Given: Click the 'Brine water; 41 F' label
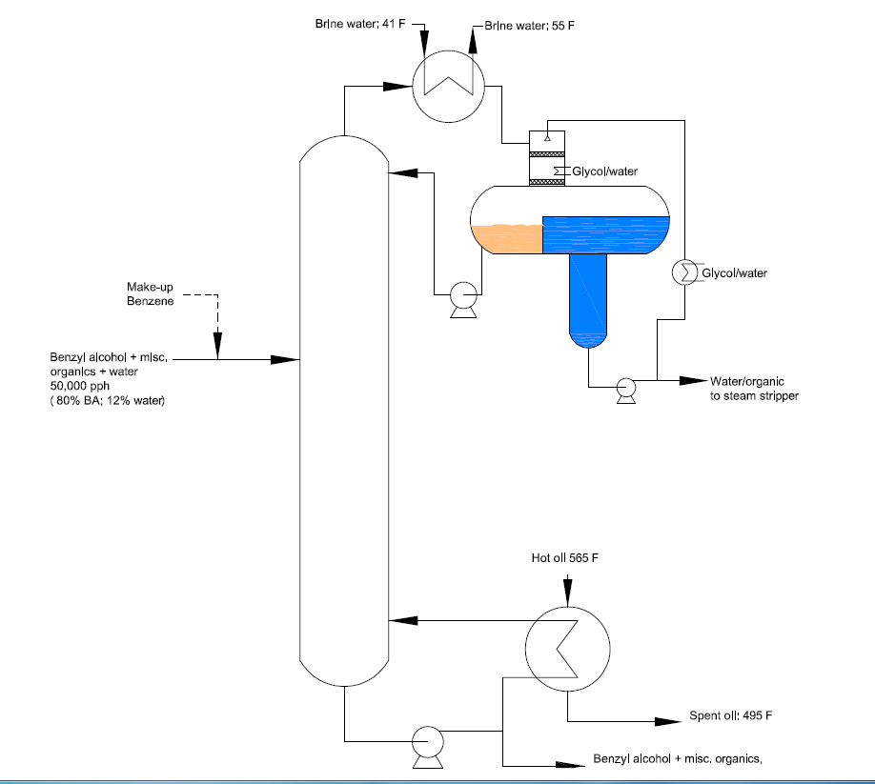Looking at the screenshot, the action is (360, 24).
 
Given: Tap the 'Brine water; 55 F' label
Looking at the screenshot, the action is (529, 26).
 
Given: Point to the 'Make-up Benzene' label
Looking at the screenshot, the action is (150, 293).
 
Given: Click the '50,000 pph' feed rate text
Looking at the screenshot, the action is (80, 386).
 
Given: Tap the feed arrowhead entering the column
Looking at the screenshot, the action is (285, 360).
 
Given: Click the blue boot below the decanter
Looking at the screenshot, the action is (588, 300).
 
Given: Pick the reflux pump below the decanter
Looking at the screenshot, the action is (464, 299).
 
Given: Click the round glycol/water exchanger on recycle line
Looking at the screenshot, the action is (684, 272).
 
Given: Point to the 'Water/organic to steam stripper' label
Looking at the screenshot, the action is (755, 389).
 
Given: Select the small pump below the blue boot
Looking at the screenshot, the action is (625, 390).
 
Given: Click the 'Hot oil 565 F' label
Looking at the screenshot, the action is (564, 558).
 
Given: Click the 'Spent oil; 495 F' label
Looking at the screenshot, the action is (731, 715).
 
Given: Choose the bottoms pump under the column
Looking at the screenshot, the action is (428, 746).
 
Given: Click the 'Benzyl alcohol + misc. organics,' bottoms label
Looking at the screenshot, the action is (678, 759).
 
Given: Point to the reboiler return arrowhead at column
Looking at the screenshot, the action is (403, 620).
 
